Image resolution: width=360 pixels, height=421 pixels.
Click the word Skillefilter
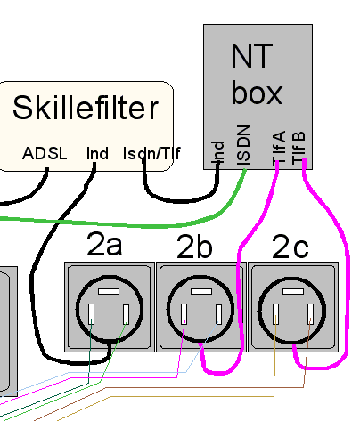86,108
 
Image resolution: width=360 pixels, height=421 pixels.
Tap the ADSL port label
45,153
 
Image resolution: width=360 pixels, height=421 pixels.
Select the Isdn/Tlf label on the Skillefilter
151,153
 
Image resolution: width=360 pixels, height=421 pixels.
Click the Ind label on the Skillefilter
97,153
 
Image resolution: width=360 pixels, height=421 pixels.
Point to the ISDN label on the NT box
243,145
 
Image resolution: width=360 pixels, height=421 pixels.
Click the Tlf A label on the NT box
279,148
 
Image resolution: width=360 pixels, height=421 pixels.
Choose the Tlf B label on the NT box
299,148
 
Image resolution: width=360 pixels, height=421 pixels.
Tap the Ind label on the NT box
217,152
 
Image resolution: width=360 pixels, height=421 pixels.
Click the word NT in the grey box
251,56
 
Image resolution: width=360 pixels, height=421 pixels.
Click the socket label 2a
104,244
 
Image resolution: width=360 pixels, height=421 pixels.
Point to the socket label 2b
194,247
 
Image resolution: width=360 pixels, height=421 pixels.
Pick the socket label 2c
290,247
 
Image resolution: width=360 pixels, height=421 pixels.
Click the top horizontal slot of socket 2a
109,292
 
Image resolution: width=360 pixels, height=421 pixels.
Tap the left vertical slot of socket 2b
184,314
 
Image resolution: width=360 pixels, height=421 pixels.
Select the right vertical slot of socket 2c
311,314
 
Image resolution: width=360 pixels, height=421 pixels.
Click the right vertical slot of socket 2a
127,314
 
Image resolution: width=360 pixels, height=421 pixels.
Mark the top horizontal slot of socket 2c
293,291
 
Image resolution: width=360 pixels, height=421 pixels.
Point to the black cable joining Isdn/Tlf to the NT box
181,200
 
